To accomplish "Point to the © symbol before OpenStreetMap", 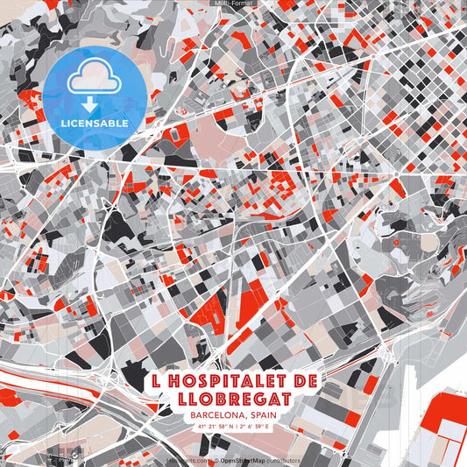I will click(216, 460).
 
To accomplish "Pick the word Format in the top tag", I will click(241, 4).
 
